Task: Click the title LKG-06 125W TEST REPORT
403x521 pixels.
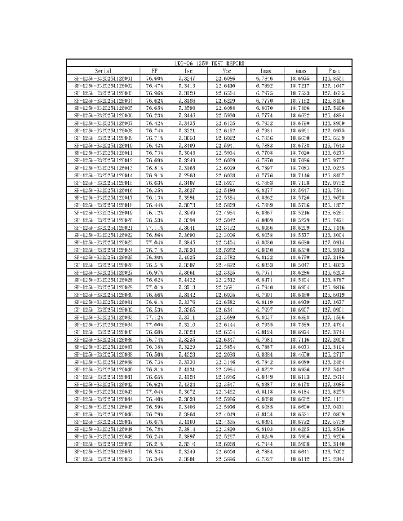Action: click(x=201, y=62)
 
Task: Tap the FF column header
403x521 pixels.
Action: click(x=154, y=70)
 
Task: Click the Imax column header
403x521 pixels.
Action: click(x=265, y=70)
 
